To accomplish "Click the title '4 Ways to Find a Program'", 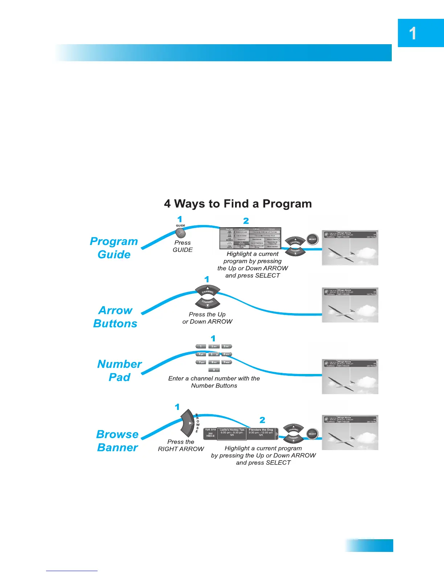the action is [238, 204].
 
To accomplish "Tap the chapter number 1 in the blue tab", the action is [412, 34].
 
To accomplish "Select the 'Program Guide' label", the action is [114, 248].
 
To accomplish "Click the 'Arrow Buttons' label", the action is [115, 317].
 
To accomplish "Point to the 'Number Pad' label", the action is [119, 370].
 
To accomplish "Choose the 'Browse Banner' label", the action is [118, 441].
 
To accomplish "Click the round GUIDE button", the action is [180, 233].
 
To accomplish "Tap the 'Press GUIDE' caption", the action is [182, 246].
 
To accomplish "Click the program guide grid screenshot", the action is [250, 238].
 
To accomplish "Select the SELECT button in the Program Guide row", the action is [312, 239].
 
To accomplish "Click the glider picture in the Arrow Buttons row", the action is [350, 305].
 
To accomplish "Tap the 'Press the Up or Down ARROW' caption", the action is [207, 318].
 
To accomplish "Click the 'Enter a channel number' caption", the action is [214, 382].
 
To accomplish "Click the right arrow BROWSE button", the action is [188, 423].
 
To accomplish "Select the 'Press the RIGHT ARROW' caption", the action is [181, 445].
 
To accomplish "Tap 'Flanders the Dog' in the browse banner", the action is [261, 430].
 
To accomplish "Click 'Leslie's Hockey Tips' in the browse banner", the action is [232, 430].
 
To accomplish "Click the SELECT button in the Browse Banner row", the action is [312, 434].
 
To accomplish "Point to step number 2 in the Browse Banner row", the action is [262, 420].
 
